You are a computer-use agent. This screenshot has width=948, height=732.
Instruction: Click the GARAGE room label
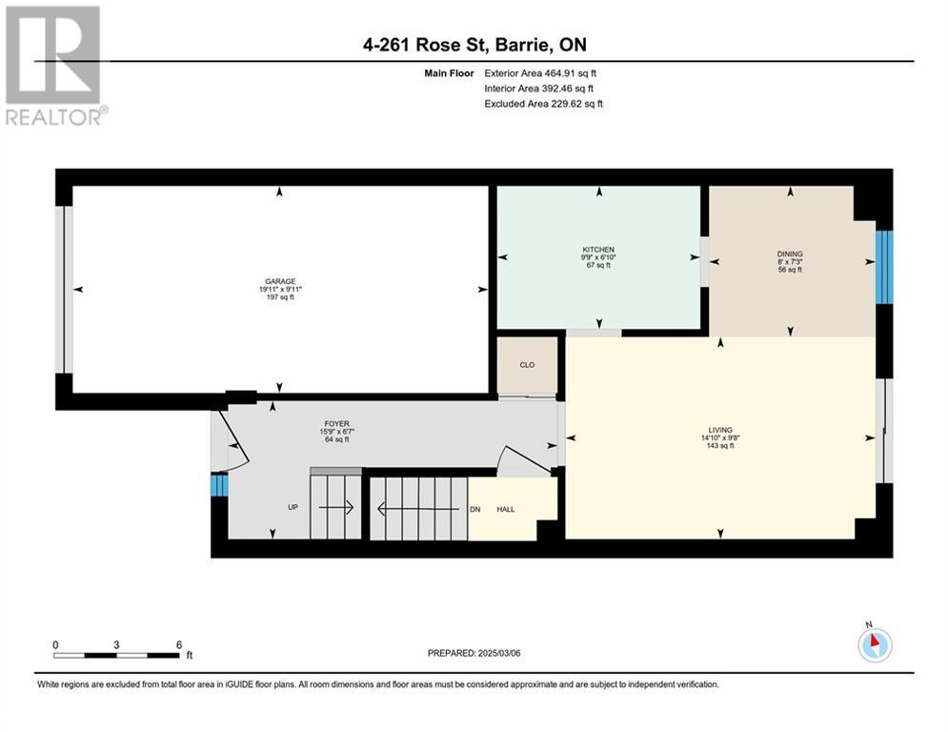(280, 281)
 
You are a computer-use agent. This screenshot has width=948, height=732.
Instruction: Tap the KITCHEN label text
(598, 250)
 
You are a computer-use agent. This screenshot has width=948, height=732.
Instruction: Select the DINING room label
(790, 254)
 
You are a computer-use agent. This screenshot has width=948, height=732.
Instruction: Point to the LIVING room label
(720, 430)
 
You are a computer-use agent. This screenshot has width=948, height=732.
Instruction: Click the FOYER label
(336, 424)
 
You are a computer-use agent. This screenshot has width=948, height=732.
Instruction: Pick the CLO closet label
(527, 365)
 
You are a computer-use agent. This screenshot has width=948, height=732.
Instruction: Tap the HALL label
(506, 509)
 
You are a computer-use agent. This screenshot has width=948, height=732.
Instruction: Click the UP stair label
(292, 507)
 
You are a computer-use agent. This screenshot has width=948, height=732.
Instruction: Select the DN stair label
(475, 509)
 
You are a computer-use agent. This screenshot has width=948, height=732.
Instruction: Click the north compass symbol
(875, 644)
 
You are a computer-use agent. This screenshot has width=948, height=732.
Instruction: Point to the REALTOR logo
(54, 66)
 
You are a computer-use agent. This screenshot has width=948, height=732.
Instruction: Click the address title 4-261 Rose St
(426, 45)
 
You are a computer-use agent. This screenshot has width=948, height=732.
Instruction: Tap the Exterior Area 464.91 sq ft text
(540, 73)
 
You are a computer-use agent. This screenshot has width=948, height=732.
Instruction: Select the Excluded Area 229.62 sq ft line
(543, 104)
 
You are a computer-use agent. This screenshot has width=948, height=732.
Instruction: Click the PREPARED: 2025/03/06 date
(474, 653)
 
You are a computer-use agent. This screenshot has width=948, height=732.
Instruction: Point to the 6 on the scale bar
(179, 645)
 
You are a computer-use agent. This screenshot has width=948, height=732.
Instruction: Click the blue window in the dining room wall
(884, 267)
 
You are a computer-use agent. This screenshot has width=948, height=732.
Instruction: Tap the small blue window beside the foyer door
(219, 485)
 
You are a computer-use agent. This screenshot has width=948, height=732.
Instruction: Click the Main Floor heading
(449, 73)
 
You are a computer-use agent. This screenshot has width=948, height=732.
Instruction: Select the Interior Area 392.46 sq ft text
(539, 89)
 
